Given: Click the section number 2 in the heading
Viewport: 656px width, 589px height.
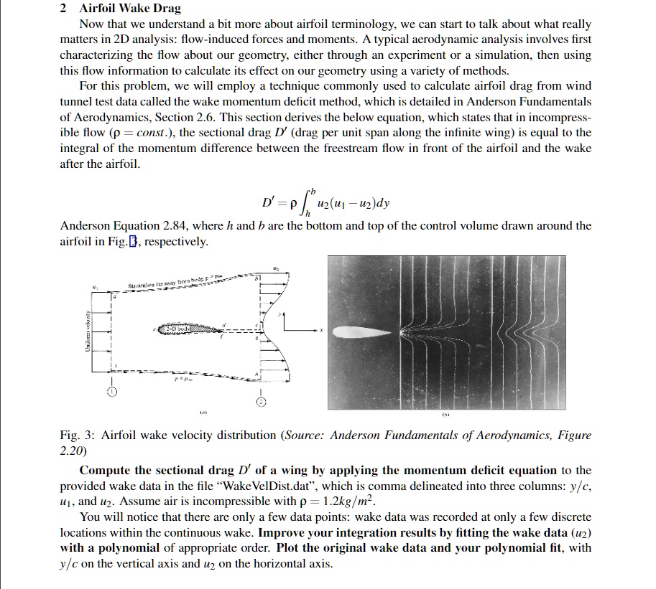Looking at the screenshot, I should coord(64,9).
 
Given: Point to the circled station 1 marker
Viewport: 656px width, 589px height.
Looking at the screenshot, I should coord(111,392).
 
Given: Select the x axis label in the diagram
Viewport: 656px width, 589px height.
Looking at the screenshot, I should coord(321,331).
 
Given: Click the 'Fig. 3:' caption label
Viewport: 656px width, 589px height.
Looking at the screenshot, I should coord(77,435).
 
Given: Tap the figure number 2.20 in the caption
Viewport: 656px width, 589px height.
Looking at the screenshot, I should coord(73,451).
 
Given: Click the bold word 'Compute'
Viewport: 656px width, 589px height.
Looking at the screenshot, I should coord(105,471).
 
